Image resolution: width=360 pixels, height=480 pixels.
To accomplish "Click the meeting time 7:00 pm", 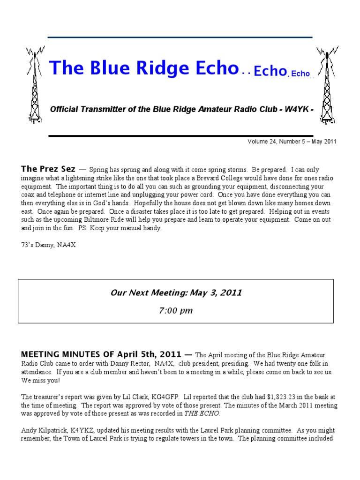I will pos(176,310).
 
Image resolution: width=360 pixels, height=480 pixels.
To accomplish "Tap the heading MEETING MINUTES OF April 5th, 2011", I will pos(103,354).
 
